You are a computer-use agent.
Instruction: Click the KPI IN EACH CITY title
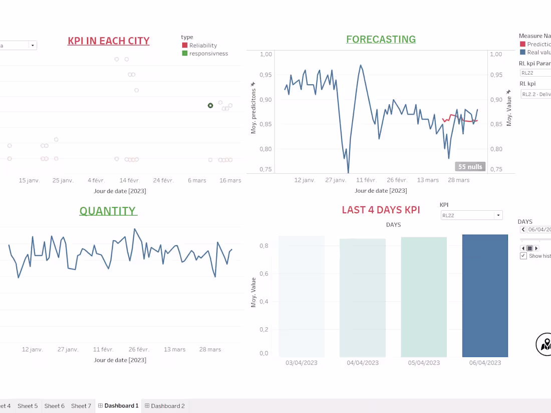[x=108, y=41]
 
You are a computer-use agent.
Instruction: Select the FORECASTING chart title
[x=381, y=40]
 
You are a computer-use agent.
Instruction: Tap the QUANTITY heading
[x=108, y=211]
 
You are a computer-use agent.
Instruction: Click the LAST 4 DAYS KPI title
[x=381, y=210]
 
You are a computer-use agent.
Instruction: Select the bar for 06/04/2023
[x=485, y=295]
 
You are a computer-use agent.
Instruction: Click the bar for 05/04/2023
[x=424, y=296]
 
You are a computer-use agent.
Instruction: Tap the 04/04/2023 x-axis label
[x=363, y=363]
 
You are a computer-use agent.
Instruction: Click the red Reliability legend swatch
[x=185, y=46]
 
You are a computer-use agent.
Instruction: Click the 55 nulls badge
[x=470, y=166]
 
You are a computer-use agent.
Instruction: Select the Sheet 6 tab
[x=54, y=406]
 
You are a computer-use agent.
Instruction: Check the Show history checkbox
[x=523, y=256]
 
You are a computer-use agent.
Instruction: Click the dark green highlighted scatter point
[x=210, y=106]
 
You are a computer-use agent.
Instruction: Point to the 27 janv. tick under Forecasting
[x=336, y=180]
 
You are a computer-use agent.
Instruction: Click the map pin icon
[x=545, y=344]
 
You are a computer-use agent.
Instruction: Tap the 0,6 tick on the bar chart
[x=263, y=274]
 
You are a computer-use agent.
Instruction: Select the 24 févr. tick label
[x=163, y=180]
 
